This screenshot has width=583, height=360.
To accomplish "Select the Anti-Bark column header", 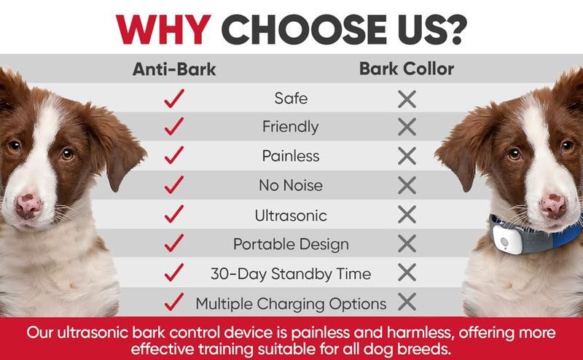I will (174, 70).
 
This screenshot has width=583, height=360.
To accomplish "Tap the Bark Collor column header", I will (407, 69).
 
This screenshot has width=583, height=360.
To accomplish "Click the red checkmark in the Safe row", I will (174, 98).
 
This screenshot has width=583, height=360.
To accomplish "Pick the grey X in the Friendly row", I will (407, 127).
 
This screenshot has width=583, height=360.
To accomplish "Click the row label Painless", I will (291, 156).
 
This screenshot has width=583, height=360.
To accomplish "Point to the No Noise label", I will (291, 185).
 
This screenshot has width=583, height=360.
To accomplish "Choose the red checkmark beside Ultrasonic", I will (174, 215).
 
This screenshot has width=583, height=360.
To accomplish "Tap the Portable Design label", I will (291, 244).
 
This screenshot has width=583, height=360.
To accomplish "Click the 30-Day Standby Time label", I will (291, 274).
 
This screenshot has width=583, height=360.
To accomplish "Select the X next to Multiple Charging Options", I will (407, 302).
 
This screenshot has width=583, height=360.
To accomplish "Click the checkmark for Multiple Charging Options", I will (174, 302).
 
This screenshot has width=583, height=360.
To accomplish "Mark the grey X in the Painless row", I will (407, 156).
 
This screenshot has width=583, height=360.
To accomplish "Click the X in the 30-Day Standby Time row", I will (407, 273).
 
